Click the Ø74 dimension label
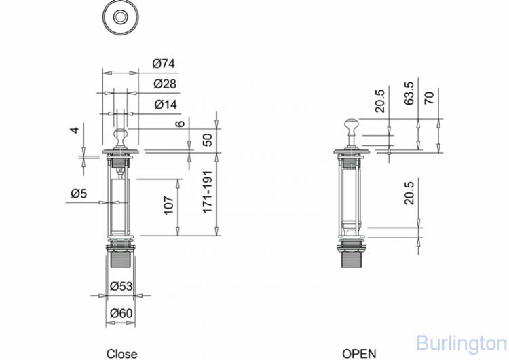click(x=164, y=64)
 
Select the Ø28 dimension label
click(x=164, y=84)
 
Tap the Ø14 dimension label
click(x=164, y=104)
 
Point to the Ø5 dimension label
click(x=79, y=194)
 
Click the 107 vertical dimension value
click(x=170, y=204)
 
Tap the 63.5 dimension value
click(x=409, y=92)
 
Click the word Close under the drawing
click(x=121, y=353)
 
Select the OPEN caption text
click(x=359, y=353)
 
